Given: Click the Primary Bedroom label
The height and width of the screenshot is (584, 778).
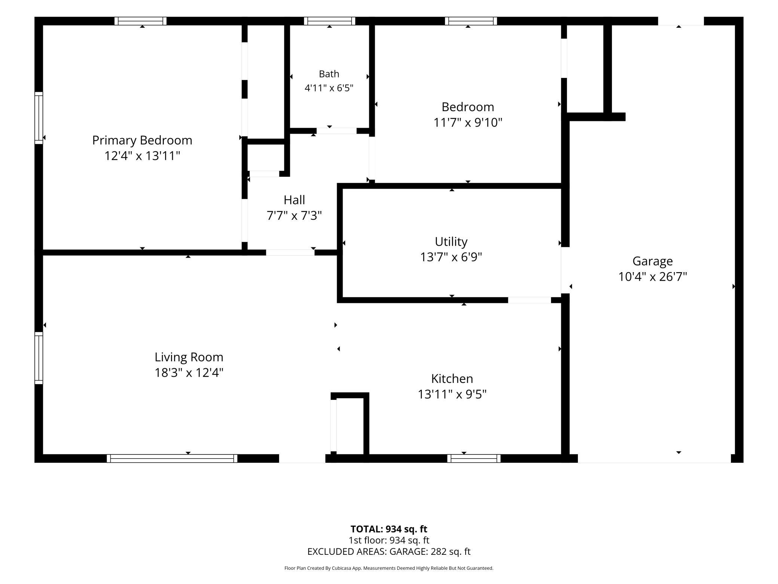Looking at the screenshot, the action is click(x=142, y=140).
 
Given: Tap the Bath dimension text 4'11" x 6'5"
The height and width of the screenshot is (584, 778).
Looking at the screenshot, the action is click(x=329, y=88).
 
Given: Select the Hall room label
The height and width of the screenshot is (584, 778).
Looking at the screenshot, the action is click(x=294, y=200).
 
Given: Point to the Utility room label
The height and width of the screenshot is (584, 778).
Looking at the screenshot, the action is click(x=451, y=242).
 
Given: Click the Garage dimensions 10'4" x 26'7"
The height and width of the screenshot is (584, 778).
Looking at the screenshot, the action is click(x=653, y=277).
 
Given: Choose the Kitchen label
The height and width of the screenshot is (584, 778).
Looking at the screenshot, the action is click(x=452, y=378).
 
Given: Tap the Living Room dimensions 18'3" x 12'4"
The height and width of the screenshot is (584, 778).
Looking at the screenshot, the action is click(x=189, y=372).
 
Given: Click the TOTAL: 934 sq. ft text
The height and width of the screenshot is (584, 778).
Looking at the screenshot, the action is click(x=389, y=529).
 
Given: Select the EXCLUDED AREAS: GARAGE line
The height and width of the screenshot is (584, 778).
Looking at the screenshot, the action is click(x=389, y=551).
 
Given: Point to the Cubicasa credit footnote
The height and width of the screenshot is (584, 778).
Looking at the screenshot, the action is click(x=389, y=568).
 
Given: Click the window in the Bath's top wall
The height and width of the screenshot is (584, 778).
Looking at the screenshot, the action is click(x=330, y=21).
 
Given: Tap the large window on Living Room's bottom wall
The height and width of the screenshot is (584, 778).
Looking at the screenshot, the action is click(x=172, y=459).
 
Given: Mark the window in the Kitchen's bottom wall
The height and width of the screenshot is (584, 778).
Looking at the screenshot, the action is click(x=474, y=459).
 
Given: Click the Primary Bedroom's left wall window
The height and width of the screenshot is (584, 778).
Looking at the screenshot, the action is click(x=39, y=118).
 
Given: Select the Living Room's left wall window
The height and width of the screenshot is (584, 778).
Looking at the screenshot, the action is click(x=39, y=358).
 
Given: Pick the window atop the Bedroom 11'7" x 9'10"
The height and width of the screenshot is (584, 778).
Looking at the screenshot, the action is click(x=471, y=21).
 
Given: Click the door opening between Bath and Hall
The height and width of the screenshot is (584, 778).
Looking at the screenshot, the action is click(x=337, y=131).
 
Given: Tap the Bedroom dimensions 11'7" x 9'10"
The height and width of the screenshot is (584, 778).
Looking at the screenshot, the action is click(x=468, y=122).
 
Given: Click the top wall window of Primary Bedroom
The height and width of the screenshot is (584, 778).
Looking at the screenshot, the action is click(x=141, y=21).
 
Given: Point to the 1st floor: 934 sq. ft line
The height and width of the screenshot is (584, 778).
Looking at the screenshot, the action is click(x=389, y=540).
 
